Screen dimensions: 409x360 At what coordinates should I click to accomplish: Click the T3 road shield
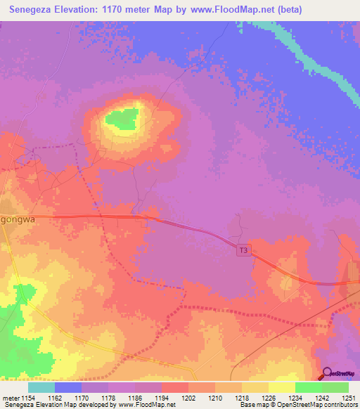tap(243, 249)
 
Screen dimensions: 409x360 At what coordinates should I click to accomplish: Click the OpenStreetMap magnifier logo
tap(328, 374)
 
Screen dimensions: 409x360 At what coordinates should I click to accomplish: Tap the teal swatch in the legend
tap(41, 387)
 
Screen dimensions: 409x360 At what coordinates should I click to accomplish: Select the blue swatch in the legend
tap(68, 387)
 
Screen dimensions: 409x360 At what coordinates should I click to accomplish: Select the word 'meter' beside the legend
tap(11, 398)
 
